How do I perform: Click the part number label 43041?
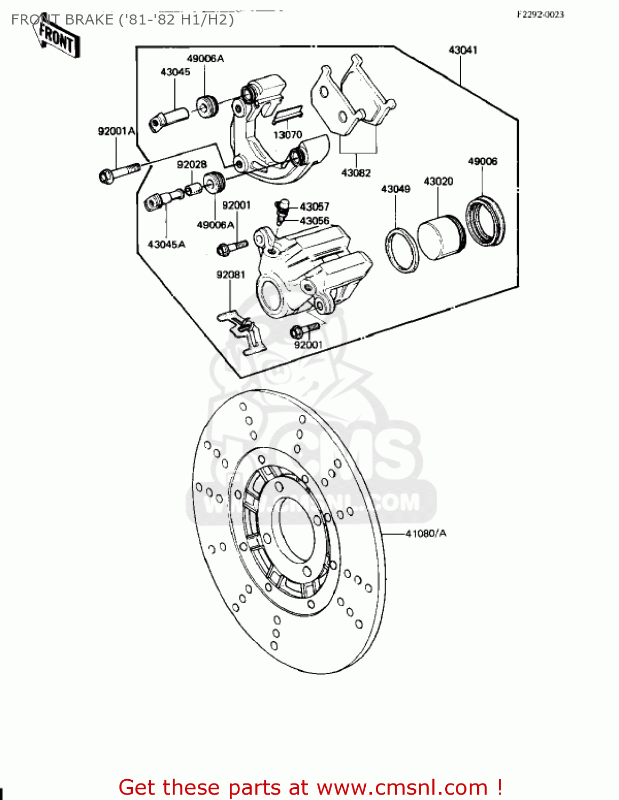462,50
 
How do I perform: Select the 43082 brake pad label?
356,173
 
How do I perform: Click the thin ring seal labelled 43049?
402,250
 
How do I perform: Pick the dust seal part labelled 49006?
486,221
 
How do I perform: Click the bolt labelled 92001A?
119,172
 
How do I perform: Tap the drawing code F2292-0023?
540,14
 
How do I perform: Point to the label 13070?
287,135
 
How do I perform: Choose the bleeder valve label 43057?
315,206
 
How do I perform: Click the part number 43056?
315,221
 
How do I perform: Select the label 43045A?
166,244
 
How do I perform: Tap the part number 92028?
192,165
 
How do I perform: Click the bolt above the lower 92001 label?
304,330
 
